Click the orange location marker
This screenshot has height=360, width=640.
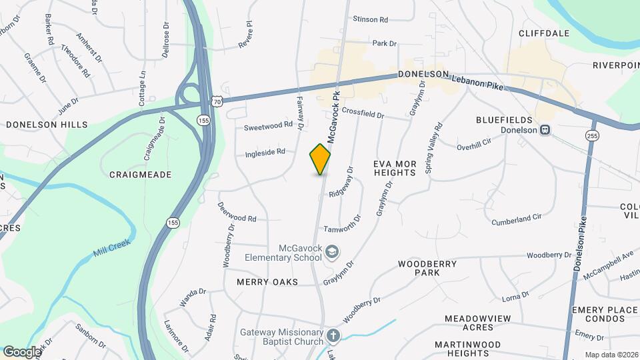(320, 159)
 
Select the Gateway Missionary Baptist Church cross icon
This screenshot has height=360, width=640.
(333, 335)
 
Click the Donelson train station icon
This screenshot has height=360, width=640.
(545, 130)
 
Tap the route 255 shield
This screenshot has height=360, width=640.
(591, 135)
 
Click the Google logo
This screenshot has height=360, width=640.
(21, 351)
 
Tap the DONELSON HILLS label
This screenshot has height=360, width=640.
(47, 125)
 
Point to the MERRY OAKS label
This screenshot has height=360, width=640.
(267, 282)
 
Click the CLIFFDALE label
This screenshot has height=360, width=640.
(544, 32)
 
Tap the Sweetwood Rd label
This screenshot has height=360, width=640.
(268, 125)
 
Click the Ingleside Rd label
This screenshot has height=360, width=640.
(265, 152)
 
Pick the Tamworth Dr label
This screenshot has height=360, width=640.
(342, 228)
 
